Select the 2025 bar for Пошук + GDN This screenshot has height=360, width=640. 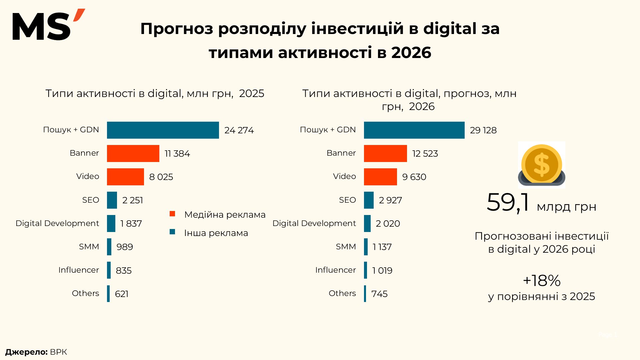click(163, 130)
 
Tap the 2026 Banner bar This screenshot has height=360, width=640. click(385, 153)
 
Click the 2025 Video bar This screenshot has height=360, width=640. click(125, 177)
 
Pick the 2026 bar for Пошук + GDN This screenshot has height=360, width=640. click(414, 130)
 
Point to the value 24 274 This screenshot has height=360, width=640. click(239, 130)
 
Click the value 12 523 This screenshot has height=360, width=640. click(425, 154)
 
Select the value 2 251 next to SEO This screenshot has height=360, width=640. click(133, 200)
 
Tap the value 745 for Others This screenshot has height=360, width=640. click(379, 294)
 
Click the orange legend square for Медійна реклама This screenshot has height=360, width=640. click(172, 214)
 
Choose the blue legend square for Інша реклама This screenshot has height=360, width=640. click(172, 232)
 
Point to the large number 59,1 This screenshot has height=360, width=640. click(508, 203)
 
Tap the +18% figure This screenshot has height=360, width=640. click(542, 281)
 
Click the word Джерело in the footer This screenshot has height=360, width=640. click(26, 352)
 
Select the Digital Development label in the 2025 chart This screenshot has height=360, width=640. click(57, 223)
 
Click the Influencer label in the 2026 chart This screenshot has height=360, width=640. click(335, 270)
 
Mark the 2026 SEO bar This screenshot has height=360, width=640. click(369, 200)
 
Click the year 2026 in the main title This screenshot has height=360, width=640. click(411, 53)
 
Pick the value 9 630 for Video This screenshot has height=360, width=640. click(414, 177)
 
